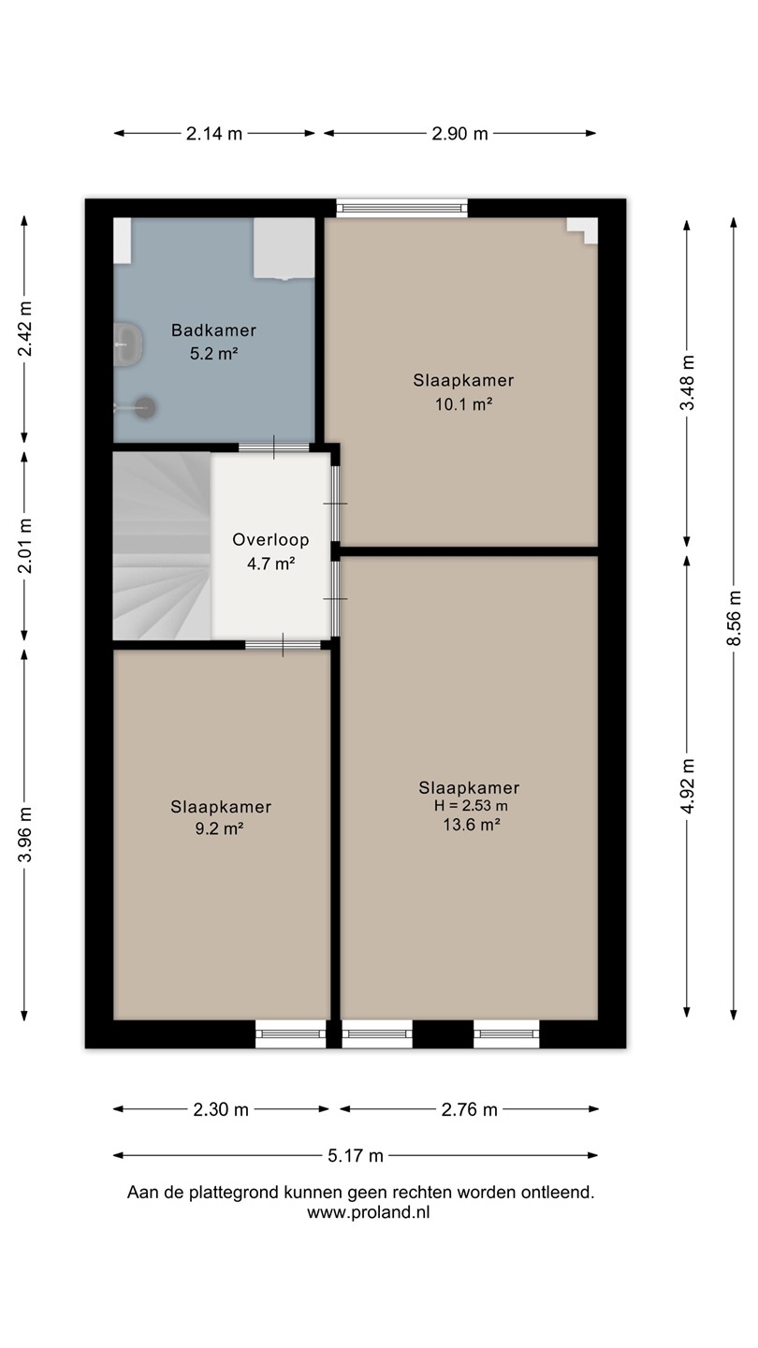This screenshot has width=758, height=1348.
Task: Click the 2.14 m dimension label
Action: click(x=213, y=134)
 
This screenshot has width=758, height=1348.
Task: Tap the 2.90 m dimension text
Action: click(x=459, y=134)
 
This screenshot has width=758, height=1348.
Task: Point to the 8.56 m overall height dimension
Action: click(x=734, y=618)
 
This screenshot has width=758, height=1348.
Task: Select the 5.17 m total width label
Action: click(x=356, y=1155)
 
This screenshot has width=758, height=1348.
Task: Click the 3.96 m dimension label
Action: click(x=24, y=834)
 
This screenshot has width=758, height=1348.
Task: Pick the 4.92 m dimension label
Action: click(x=687, y=785)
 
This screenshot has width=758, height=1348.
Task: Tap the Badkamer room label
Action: click(x=213, y=330)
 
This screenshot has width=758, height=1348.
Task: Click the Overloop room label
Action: click(x=270, y=540)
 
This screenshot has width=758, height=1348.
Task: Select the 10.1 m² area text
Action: click(x=464, y=403)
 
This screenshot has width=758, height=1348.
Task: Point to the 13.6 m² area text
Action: click(x=472, y=824)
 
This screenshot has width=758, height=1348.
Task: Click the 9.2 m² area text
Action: click(x=219, y=828)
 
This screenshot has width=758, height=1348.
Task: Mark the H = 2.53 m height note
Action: click(x=471, y=805)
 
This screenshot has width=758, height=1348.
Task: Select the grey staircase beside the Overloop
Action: click(x=162, y=546)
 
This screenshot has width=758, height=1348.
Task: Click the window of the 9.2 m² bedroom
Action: click(x=290, y=1033)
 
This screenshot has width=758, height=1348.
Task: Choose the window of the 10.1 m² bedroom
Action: click(x=401, y=208)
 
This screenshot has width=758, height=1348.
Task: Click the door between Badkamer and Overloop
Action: click(x=273, y=447)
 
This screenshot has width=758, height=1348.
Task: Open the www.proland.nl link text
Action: click(x=369, y=1212)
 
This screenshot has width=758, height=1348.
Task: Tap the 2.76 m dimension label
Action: click(x=469, y=1109)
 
